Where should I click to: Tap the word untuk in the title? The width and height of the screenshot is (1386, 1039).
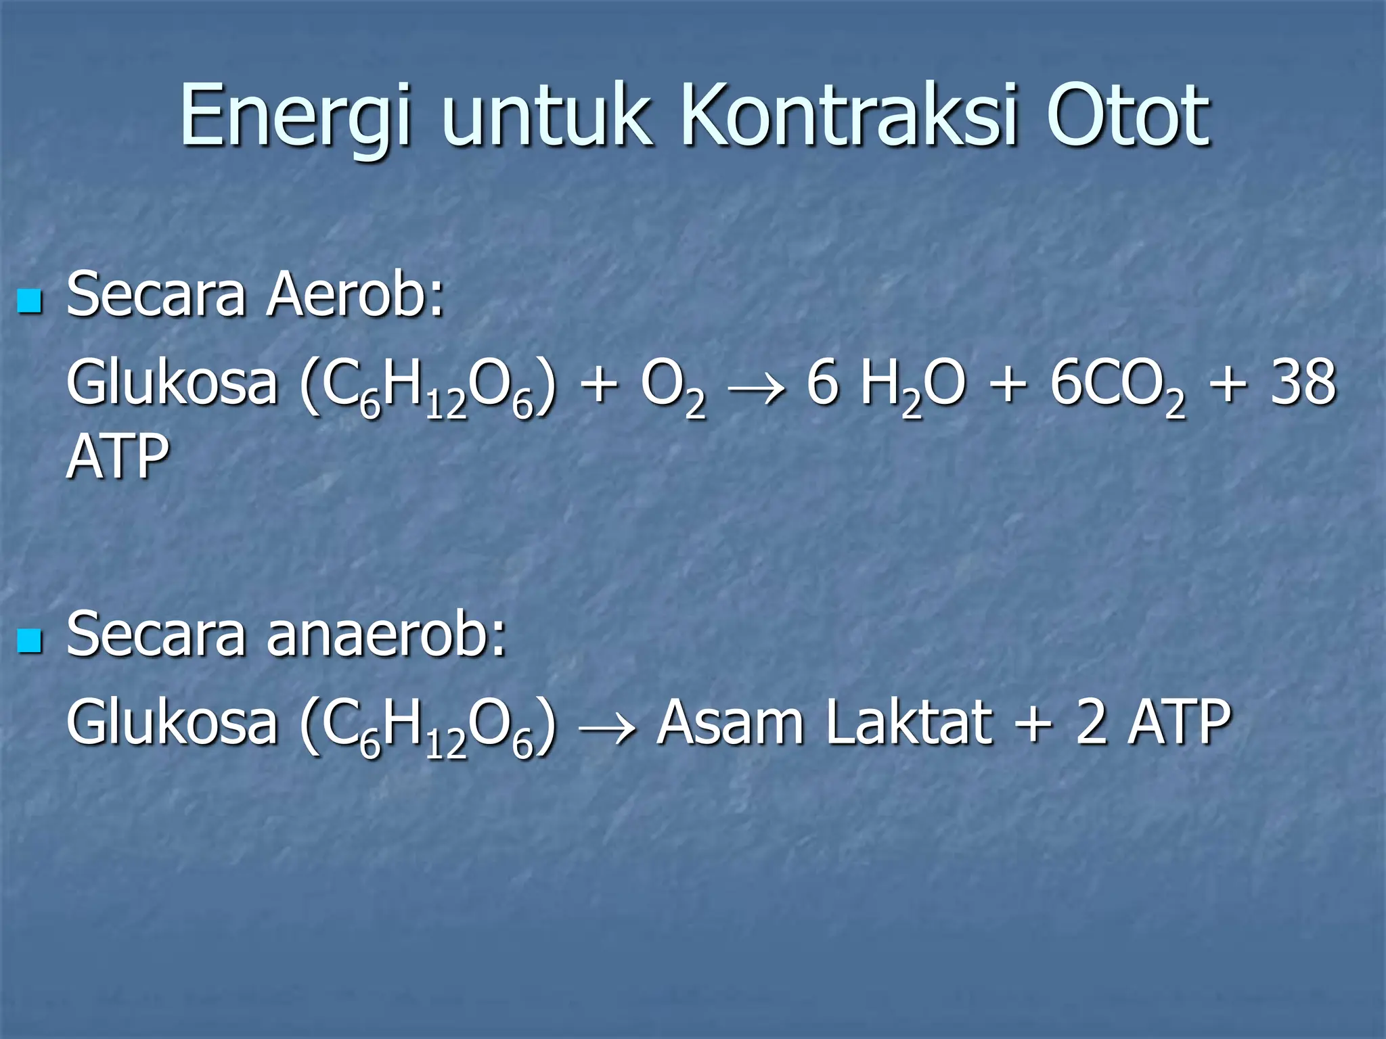point(547,115)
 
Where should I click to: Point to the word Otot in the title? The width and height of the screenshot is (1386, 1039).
point(1127,115)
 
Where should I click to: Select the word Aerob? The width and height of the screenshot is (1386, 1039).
point(355,295)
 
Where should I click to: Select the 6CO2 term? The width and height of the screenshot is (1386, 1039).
point(1117,386)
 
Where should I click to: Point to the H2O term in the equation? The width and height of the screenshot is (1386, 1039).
point(911,386)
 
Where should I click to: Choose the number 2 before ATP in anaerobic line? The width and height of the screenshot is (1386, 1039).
point(1090,722)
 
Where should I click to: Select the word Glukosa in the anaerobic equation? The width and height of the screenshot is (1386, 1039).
point(172,722)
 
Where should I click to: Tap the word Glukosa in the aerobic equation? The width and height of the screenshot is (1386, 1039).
point(172,383)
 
